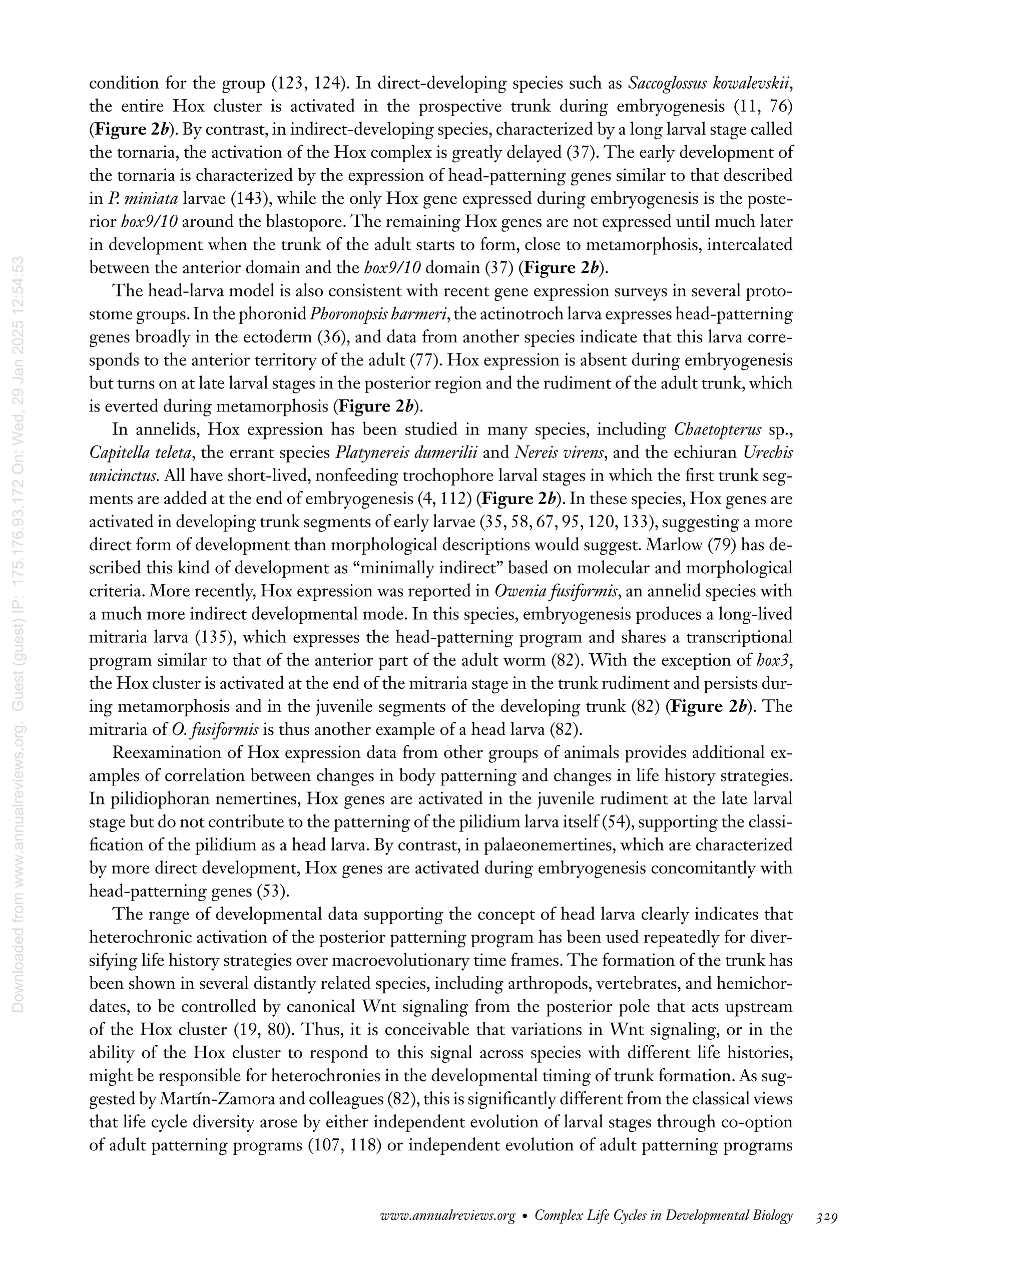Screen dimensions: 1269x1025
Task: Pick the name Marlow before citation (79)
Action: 675,545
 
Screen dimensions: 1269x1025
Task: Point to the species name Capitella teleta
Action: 141,453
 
